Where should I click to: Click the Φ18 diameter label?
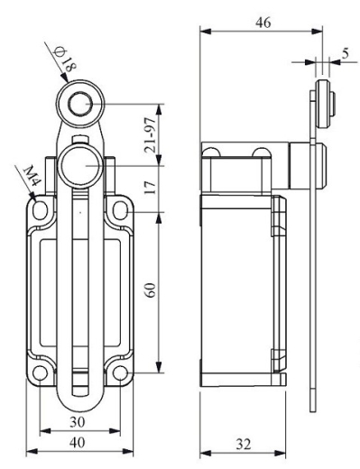point(64,60)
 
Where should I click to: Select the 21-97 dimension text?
point(151,134)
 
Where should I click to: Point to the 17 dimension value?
point(151,188)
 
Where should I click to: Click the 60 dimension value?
point(151,290)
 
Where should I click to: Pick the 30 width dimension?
point(78,422)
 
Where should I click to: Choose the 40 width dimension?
point(78,443)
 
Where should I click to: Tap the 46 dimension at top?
point(263,23)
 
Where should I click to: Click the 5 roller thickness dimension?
point(346,54)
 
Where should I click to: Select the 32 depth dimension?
point(243,444)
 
